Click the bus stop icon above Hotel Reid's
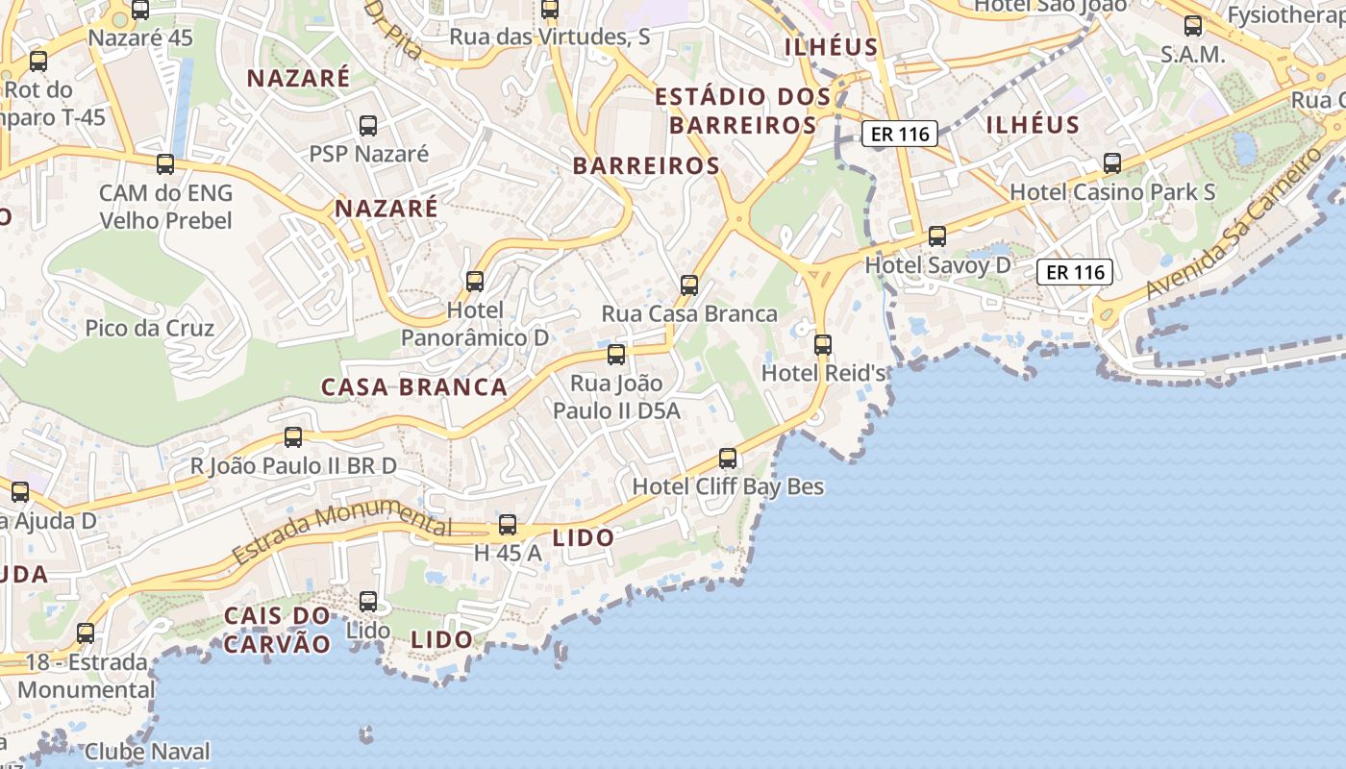[823, 344]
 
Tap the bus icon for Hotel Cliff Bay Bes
[728, 459]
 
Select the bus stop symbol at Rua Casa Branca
[689, 285]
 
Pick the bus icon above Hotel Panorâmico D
[475, 282]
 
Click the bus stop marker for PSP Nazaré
[368, 125]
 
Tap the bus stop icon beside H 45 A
[508, 526]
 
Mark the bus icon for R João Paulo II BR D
[293, 437]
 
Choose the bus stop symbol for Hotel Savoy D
[937, 236]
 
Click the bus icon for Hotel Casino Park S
[1112, 163]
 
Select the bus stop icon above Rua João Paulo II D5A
[616, 355]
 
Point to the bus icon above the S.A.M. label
[1193, 26]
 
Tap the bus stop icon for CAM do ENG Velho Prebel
[165, 164]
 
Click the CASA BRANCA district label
[414, 387]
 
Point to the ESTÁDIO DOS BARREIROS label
[743, 111]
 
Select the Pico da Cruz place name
[150, 328]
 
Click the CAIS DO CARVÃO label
[277, 630]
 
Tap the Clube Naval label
[147, 751]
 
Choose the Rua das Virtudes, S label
[550, 37]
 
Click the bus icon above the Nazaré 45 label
[140, 11]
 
